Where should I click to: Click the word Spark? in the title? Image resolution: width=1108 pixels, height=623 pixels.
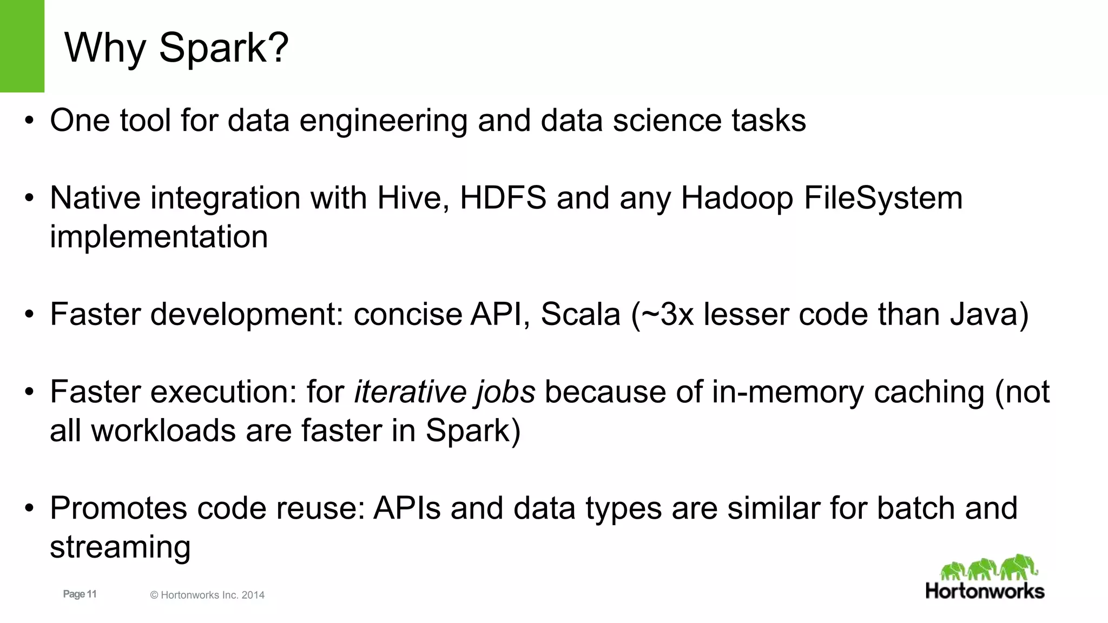click(223, 48)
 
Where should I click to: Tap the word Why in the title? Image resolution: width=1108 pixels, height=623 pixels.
click(105, 48)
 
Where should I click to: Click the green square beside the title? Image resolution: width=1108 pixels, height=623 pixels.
click(22, 46)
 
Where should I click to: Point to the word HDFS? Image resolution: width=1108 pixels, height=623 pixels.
click(503, 198)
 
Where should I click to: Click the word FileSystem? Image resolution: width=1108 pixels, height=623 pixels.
click(883, 198)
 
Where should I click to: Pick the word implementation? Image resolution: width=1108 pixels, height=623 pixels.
click(159, 237)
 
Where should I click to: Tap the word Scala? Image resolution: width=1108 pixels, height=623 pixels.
click(580, 314)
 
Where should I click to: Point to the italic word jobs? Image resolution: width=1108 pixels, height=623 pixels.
click(505, 392)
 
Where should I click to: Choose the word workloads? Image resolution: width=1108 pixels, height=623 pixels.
click(164, 431)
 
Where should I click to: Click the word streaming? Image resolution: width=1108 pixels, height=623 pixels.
click(120, 547)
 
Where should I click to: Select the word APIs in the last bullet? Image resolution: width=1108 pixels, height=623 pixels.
click(407, 508)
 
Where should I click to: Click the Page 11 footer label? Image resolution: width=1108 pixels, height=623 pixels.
click(80, 594)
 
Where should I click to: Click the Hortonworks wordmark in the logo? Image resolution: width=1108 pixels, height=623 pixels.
click(985, 591)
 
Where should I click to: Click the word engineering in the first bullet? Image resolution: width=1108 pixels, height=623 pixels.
click(383, 121)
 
